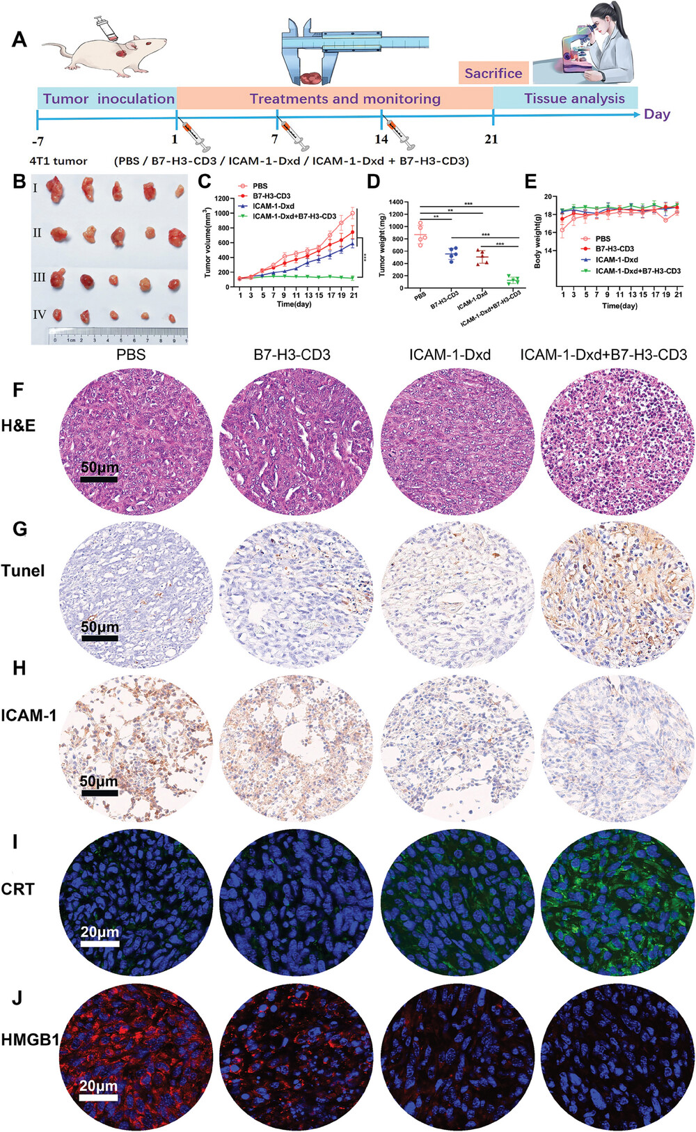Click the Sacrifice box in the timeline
point(493,73)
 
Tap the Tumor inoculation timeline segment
point(108,99)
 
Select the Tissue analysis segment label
point(574,99)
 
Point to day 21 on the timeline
point(491,139)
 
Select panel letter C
point(205,182)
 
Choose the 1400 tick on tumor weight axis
point(395,202)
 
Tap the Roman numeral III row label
point(39,277)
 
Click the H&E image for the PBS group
point(136,441)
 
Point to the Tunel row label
point(23,571)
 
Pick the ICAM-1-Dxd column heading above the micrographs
point(450,355)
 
